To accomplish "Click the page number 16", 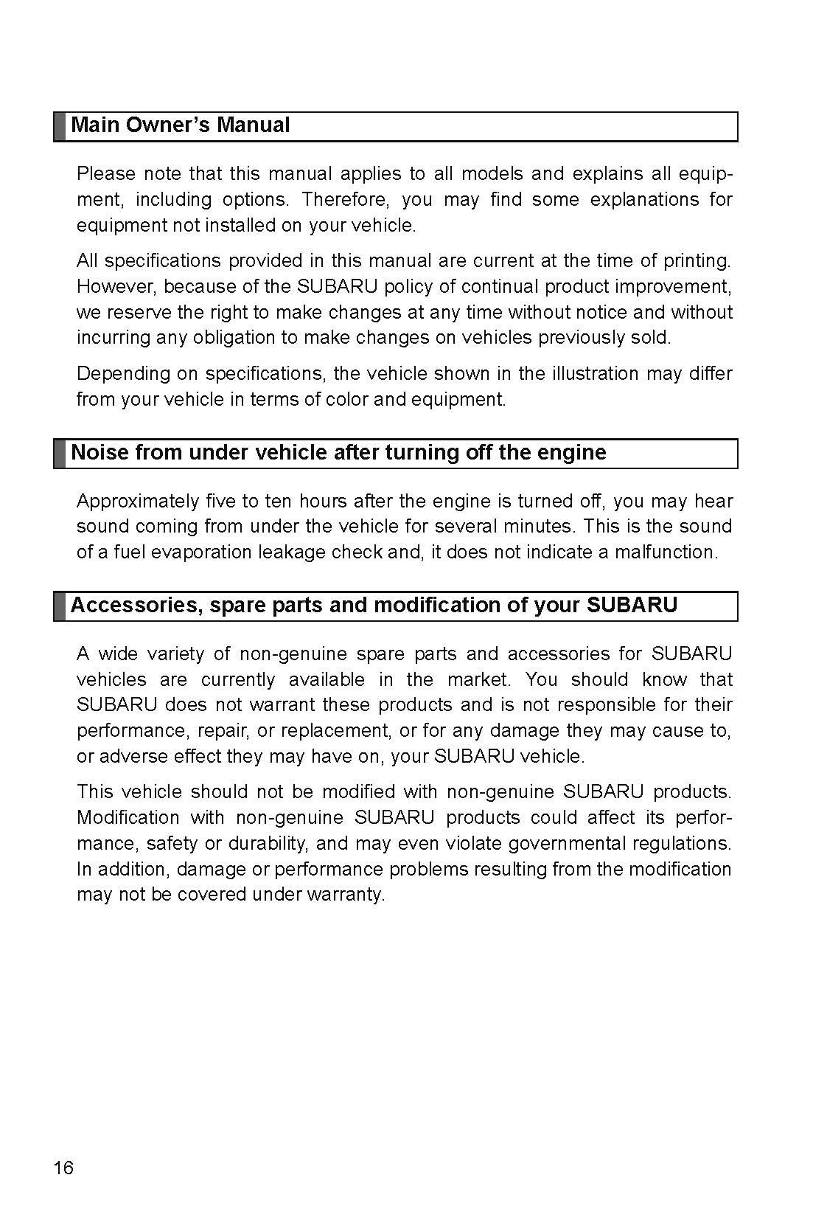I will (63, 1168).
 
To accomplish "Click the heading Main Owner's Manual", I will (180, 125).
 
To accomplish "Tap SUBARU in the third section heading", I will (632, 606).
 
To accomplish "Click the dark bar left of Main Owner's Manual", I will (60, 126).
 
